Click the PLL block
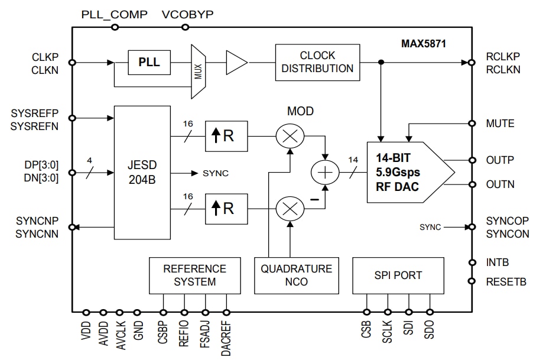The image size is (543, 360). point(149,62)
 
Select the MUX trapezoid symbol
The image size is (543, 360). point(198,72)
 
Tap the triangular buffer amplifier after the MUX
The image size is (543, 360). point(235,62)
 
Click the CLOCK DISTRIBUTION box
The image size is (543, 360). point(317,62)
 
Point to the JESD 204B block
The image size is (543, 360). point(142,173)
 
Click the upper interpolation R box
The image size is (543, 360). point(226,136)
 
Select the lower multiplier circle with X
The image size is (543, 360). point(290,209)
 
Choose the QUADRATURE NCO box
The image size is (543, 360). point(297,275)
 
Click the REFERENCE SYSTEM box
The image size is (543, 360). point(195,275)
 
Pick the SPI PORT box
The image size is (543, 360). point(398,275)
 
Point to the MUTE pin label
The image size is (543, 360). point(500,124)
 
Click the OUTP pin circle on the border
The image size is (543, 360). point(472,160)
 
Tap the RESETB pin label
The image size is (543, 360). point(506,281)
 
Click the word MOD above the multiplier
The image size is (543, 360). point(300,111)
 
